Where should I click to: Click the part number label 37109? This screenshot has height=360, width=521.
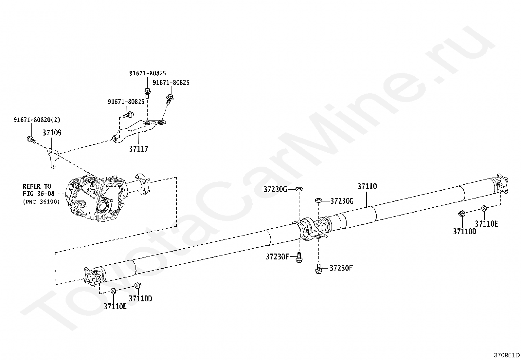click(x=52, y=133)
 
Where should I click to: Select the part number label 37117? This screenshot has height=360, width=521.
click(x=138, y=149)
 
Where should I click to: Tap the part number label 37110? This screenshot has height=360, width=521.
click(x=367, y=186)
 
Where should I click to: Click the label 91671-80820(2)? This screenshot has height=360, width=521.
click(x=37, y=120)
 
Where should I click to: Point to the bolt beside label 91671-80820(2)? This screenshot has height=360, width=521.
click(x=30, y=140)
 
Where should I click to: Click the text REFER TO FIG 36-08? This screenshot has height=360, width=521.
click(x=39, y=190)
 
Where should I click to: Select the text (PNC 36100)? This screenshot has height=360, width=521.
click(x=42, y=202)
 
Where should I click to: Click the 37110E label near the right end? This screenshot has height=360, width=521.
click(x=486, y=224)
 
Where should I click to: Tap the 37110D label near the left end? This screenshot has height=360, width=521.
click(x=140, y=299)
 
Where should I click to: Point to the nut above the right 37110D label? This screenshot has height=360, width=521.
click(x=461, y=214)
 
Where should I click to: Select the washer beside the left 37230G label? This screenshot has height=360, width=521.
click(x=299, y=189)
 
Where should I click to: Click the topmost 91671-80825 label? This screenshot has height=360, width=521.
click(x=147, y=73)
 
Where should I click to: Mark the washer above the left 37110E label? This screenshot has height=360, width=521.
click(x=113, y=291)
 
